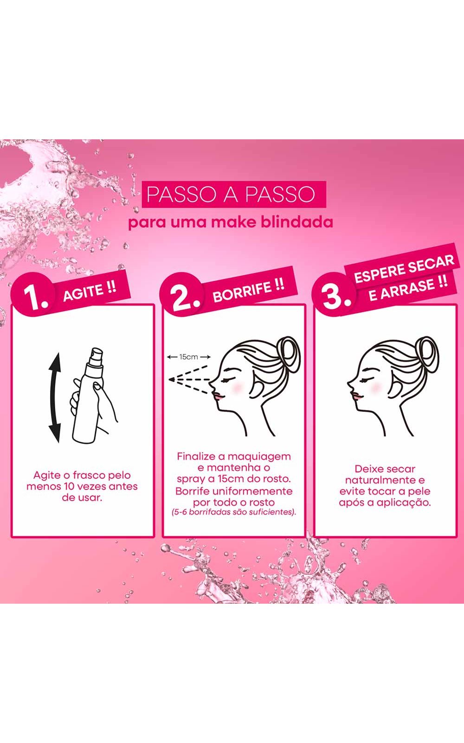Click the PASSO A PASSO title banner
click(234, 194)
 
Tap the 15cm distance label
click(188, 357)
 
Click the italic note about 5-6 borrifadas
click(234, 512)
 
